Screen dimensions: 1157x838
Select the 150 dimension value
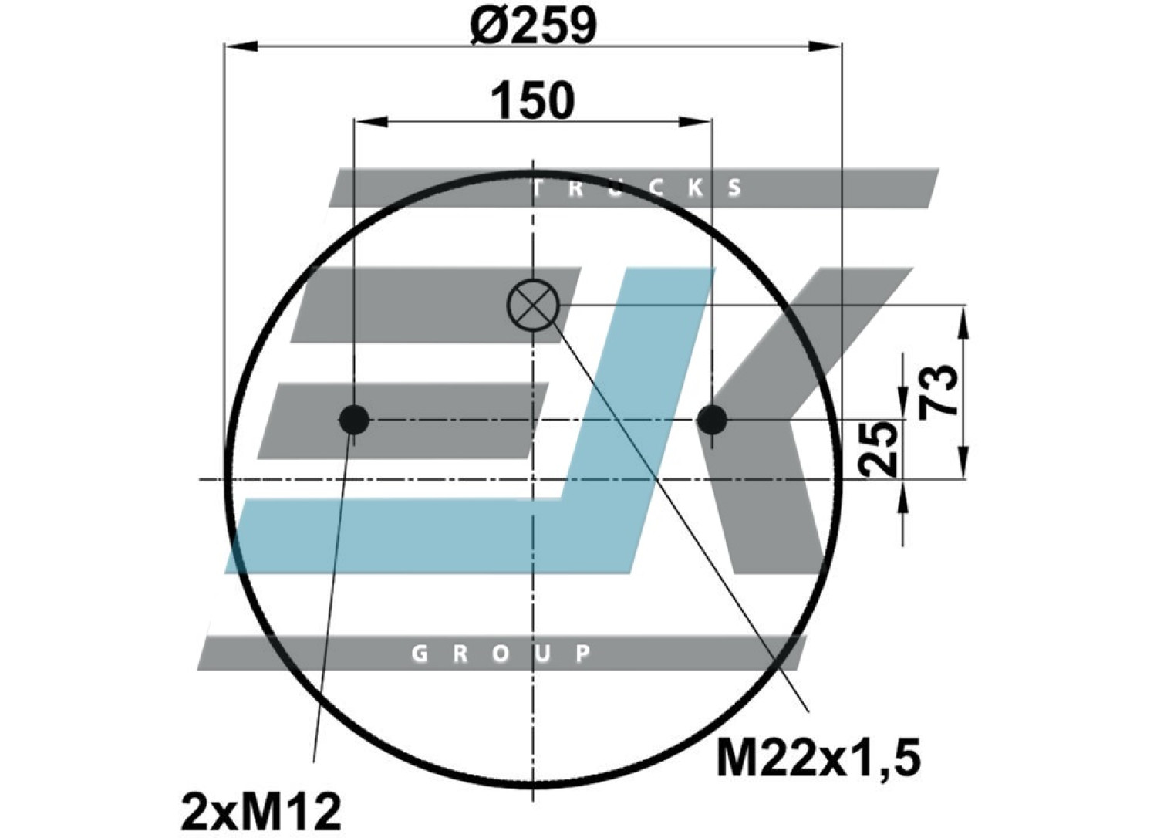click(x=532, y=100)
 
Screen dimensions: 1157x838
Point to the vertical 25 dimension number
click(x=878, y=448)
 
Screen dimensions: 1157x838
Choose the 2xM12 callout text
click(x=262, y=812)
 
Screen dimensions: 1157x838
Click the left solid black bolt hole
click(x=354, y=420)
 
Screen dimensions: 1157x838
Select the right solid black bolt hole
click(x=712, y=420)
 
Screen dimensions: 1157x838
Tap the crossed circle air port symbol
click(x=533, y=306)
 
